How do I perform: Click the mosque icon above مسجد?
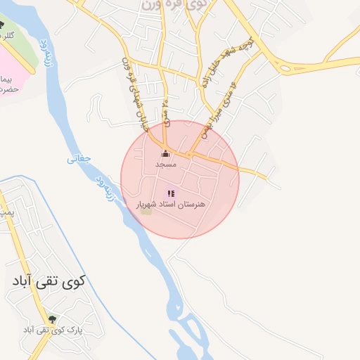tap(166, 153)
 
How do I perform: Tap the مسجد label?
tap(166, 163)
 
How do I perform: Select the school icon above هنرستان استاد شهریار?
tap(170, 193)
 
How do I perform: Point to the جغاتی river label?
tap(79, 159)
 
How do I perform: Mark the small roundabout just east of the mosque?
tap(190, 154)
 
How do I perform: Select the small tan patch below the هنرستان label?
tap(146, 211)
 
